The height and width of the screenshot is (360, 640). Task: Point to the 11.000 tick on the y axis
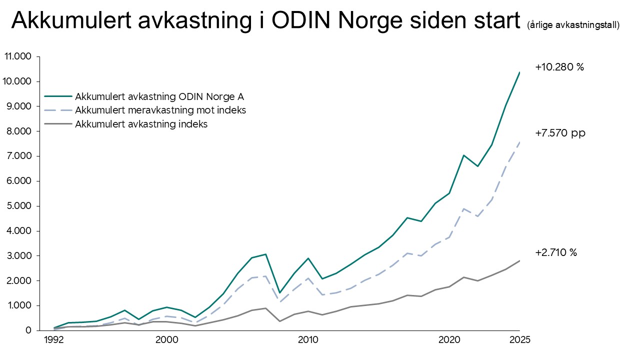pyautogui.click(x=18, y=56)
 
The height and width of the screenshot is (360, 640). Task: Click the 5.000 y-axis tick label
pyautogui.click(x=19, y=206)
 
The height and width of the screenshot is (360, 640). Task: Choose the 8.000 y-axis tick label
pyautogui.click(x=19, y=131)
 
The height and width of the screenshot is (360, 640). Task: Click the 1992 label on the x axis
pyautogui.click(x=54, y=340)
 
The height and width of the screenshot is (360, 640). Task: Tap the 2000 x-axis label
pyautogui.click(x=167, y=340)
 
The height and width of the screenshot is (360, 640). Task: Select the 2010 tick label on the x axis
pyautogui.click(x=308, y=340)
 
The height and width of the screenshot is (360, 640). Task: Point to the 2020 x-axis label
pyautogui.click(x=449, y=340)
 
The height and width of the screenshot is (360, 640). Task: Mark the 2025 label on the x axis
pyautogui.click(x=519, y=340)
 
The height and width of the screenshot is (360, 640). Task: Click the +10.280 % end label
pyautogui.click(x=559, y=67)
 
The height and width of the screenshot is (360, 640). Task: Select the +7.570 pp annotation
pyautogui.click(x=560, y=133)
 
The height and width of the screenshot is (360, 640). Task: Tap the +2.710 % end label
pyautogui.click(x=556, y=252)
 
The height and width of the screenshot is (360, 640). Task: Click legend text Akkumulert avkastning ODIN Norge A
pyautogui.click(x=159, y=96)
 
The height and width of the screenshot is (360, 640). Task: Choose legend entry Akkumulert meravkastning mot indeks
pyautogui.click(x=160, y=110)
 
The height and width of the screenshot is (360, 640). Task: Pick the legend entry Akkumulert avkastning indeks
pyautogui.click(x=141, y=124)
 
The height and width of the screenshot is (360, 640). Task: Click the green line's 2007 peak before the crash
pyautogui.click(x=265, y=254)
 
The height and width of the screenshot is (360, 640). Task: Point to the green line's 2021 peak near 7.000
pyautogui.click(x=463, y=155)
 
